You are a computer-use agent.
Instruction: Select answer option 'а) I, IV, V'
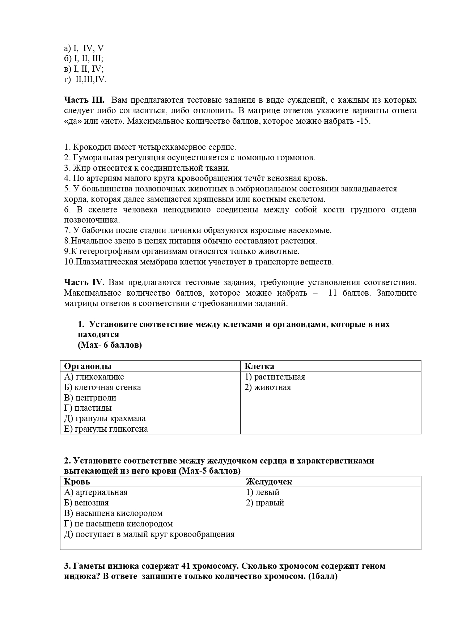point(84,48)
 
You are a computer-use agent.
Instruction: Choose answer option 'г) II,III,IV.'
point(85,80)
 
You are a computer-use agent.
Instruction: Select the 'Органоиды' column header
point(88,366)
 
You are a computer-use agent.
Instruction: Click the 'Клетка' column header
point(259,366)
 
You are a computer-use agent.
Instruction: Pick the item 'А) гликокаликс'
point(94,377)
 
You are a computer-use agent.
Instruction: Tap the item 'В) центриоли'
point(90,398)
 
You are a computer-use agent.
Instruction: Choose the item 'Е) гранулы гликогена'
point(106,429)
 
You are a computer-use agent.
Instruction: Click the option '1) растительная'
point(275,377)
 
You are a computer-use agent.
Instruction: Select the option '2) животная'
point(268,387)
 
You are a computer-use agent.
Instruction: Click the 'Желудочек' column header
point(269,482)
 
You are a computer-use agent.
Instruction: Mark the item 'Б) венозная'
point(86,503)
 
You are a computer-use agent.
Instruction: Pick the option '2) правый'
point(265,503)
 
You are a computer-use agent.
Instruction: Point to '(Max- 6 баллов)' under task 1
point(110,345)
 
